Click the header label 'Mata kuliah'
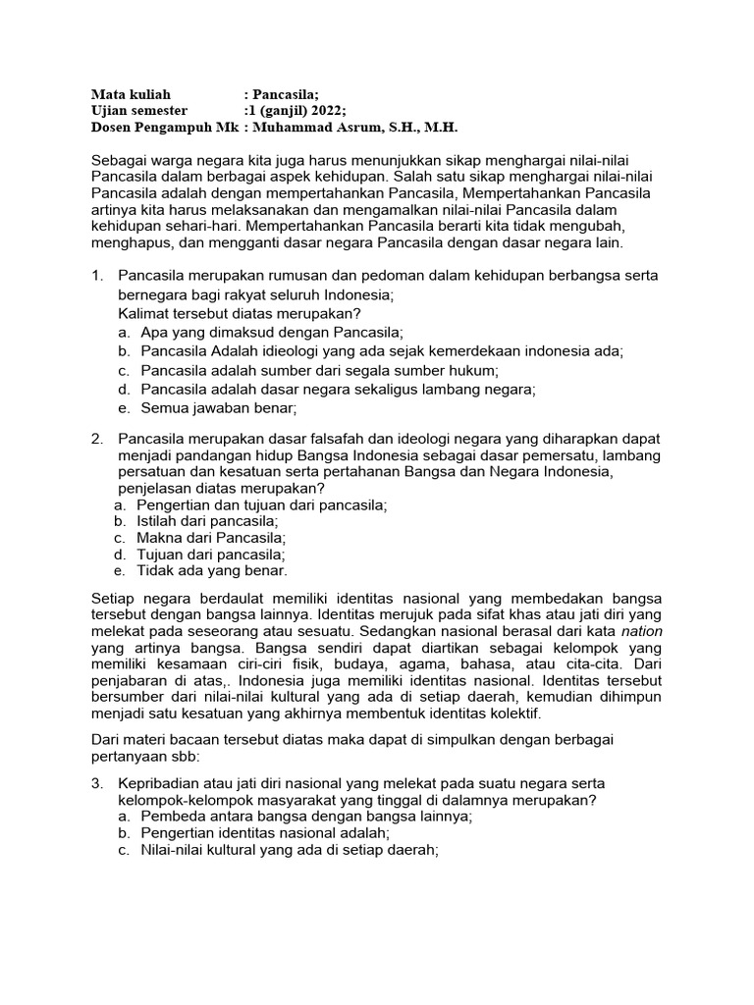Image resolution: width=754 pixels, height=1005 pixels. click(131, 94)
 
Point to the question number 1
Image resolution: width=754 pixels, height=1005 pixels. click(96, 276)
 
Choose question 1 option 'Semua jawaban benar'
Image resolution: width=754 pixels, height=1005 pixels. click(218, 407)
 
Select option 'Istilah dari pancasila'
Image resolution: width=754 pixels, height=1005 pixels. click(209, 521)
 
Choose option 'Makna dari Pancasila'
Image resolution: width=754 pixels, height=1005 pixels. click(213, 538)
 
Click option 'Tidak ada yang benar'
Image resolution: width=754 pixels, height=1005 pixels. click(213, 570)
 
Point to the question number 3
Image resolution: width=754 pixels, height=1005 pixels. click(96, 783)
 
